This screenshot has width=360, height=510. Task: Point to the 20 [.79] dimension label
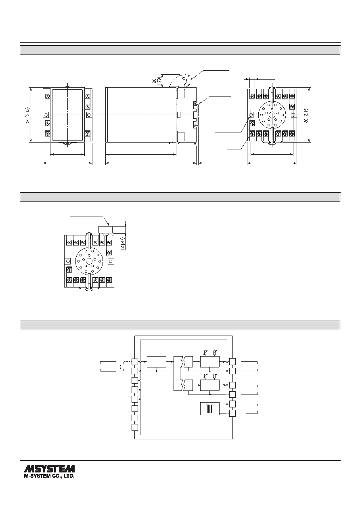click(157, 80)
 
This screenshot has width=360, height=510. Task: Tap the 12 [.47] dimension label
click(123, 244)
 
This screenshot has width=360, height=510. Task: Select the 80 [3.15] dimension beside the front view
click(27, 115)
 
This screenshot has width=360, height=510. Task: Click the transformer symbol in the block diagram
click(209, 409)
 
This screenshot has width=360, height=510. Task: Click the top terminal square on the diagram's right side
click(232, 361)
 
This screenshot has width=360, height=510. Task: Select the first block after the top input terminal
click(157, 361)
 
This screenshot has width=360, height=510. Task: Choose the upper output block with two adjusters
click(210, 361)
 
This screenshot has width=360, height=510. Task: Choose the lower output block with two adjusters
click(210, 385)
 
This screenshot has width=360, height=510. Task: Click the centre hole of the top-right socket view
click(272, 115)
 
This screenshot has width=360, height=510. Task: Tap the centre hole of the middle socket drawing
click(89, 260)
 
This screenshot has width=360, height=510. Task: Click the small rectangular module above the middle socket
click(105, 229)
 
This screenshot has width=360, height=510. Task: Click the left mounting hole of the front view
click(46, 115)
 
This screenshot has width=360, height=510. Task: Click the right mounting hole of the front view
click(88, 115)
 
